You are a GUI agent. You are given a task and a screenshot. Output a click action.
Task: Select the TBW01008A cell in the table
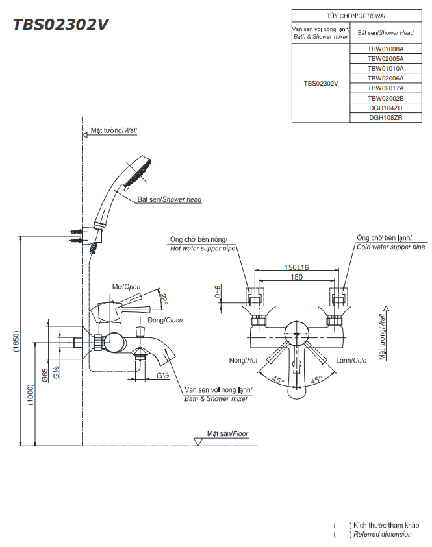[385, 49]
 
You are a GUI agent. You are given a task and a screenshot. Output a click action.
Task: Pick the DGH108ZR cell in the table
[385, 118]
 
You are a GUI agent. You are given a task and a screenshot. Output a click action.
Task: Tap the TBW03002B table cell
[385, 98]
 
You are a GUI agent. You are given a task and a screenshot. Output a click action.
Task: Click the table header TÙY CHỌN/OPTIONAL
[356, 16]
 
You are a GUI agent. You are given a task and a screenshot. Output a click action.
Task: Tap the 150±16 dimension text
[296, 267]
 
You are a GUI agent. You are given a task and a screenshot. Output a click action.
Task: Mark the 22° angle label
[165, 299]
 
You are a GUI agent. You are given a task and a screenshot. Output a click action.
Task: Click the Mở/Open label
[126, 286]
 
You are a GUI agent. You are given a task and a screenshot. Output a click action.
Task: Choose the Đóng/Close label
[165, 320]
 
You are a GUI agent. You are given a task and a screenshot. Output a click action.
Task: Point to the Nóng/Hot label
[244, 360]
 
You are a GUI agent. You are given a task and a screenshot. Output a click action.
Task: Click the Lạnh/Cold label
[351, 360]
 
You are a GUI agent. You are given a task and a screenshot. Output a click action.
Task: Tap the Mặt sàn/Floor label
[227, 433]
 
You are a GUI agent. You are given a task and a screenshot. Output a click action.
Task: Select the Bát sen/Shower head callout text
[169, 199]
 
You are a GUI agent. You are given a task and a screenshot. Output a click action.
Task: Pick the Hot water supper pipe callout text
[202, 248]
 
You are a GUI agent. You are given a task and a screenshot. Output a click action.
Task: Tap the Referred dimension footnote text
[382, 534]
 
